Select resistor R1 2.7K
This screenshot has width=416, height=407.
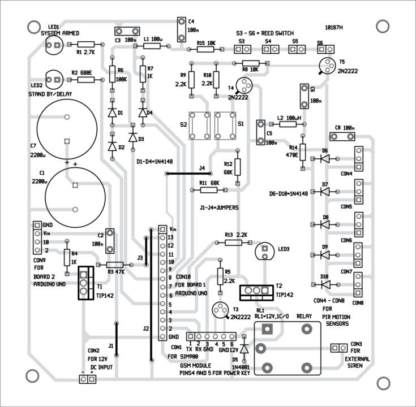tap(87, 44)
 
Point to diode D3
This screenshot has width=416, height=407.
tap(133, 137)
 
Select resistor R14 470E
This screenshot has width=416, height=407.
tap(303, 151)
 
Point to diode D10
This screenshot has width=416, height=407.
tap(324, 284)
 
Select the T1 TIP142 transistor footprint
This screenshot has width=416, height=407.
tap(84, 283)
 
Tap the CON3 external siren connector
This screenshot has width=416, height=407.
tap(340, 348)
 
